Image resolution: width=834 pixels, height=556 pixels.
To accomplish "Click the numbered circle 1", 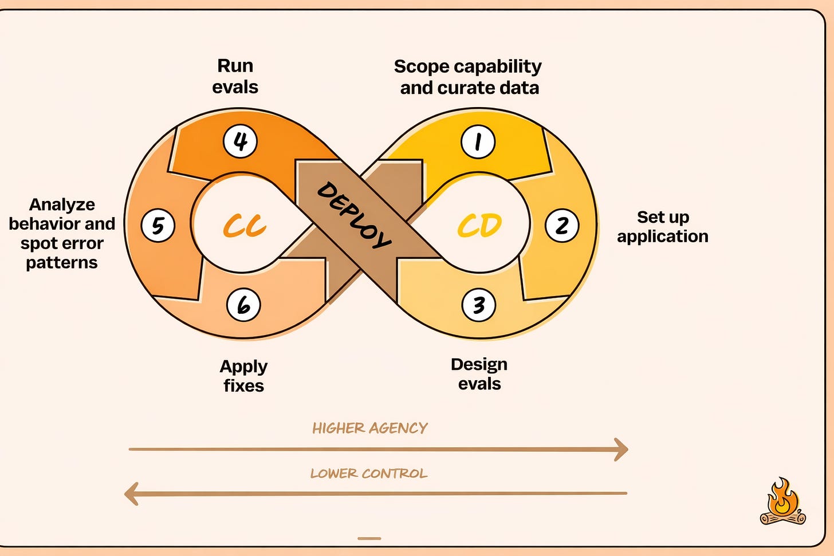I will pos(478,141).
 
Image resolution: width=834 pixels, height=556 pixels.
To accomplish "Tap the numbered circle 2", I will pos(561,226).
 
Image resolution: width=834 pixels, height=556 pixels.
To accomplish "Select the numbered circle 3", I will pos(478,305).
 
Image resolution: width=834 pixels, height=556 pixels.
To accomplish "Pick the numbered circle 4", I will pos(240,141).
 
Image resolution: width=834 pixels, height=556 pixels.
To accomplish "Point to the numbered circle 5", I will pos(158,225).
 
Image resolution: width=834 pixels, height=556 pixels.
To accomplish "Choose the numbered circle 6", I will pos(243,305).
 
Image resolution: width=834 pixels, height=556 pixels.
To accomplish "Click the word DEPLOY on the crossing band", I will pos(354,215).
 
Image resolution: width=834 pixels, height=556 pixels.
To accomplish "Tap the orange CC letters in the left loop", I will pos(245,226).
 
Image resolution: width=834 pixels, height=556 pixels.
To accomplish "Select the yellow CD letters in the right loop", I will pos(479,226).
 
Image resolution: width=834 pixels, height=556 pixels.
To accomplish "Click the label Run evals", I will pos(235,76).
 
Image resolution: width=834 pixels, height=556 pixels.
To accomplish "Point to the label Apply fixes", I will pos(243,376).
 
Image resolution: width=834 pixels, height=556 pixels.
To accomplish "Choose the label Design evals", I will pos(479,374).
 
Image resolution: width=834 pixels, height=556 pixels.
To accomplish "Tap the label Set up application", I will pos(663,227).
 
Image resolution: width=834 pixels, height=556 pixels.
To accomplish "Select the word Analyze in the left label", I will pos(62,204).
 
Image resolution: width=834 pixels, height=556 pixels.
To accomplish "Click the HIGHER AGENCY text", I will pos(369,428).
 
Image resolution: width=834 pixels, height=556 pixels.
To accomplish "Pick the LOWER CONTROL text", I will pos(369,474).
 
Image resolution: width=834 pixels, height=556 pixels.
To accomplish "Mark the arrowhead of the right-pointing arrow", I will pos(621,449).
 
